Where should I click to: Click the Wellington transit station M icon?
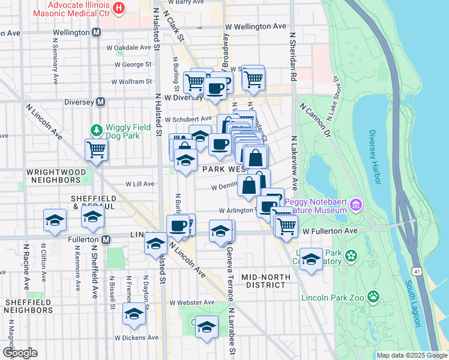click(x=96, y=32)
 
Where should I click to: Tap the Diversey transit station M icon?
click(x=101, y=102)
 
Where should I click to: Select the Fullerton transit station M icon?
click(x=106, y=240)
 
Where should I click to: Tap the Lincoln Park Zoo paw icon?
click(x=373, y=296)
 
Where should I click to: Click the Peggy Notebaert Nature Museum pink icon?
click(x=356, y=206)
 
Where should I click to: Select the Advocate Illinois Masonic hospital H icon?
click(x=119, y=8)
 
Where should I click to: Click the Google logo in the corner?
click(x=20, y=352)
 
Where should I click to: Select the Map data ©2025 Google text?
click(x=411, y=355)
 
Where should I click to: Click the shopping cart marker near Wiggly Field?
click(x=96, y=151)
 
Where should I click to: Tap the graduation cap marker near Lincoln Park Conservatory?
click(x=311, y=259)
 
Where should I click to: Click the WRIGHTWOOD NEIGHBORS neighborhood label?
click(x=56, y=175)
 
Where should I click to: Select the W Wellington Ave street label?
click(x=256, y=26)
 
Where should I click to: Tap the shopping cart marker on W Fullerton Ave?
click(x=286, y=226)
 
